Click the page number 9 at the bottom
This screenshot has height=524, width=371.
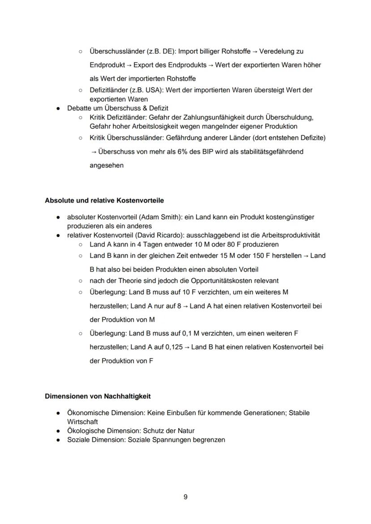click(x=185, y=497)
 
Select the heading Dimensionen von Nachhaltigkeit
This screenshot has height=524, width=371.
click(x=98, y=396)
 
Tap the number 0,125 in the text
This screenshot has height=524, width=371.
click(x=174, y=347)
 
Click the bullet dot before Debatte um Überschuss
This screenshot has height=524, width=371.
click(x=58, y=108)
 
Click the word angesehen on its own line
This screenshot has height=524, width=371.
click(x=106, y=165)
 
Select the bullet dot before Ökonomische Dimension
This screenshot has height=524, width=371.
click(x=58, y=413)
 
